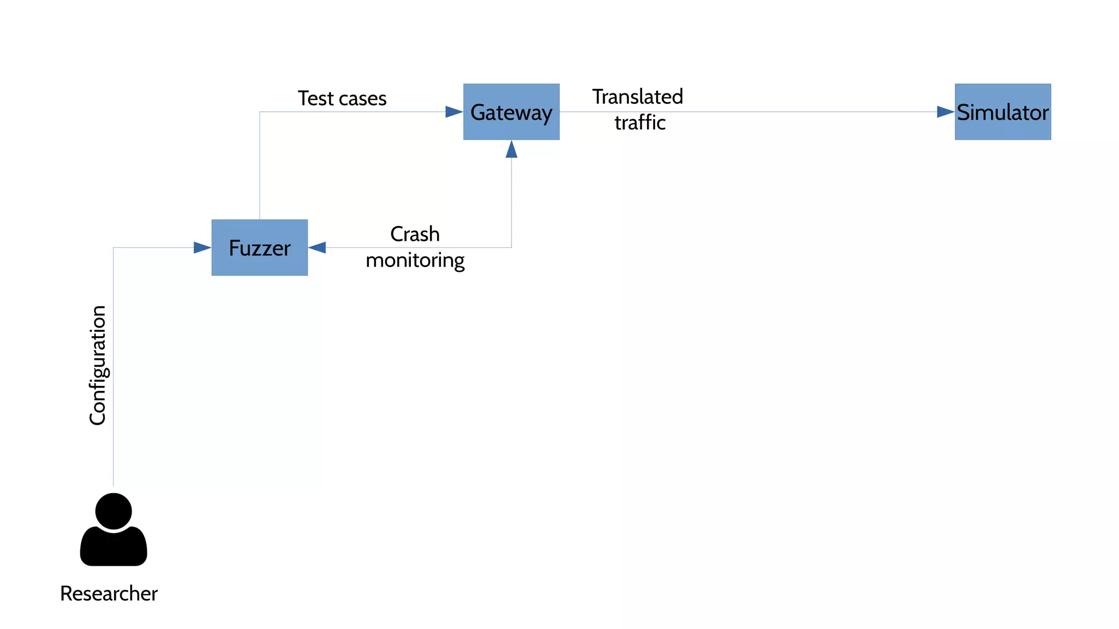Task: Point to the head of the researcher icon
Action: point(114,511)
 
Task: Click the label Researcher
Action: point(109,594)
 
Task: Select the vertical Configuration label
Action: point(98,365)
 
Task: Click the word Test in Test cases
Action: point(315,98)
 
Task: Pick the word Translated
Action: point(638,97)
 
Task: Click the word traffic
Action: point(640,123)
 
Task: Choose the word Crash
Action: point(415,234)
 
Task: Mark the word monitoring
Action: point(415,260)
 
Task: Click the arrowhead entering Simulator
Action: point(946,112)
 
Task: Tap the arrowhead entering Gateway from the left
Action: point(454,112)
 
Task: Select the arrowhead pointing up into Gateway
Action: point(511,150)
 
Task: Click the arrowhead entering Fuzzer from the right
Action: point(317,248)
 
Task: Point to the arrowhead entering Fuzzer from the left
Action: point(202,248)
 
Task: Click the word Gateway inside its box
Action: point(511,112)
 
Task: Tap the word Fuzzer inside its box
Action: point(260,248)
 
